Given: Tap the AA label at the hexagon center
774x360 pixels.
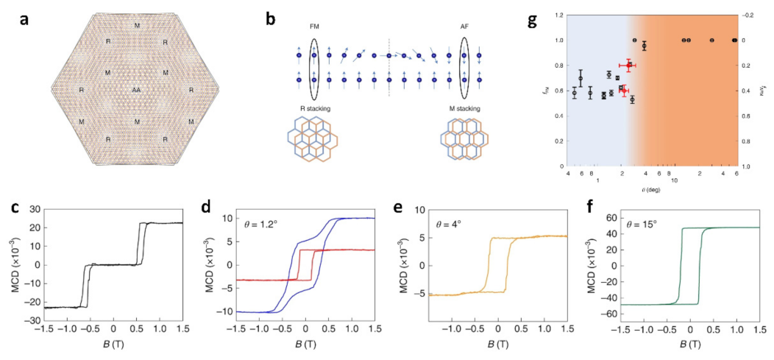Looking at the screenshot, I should click(x=135, y=89).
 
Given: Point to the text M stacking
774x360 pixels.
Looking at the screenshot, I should click(x=464, y=109).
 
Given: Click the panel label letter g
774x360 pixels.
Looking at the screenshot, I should click(x=533, y=19).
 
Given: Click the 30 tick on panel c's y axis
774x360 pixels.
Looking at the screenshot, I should click(x=35, y=210).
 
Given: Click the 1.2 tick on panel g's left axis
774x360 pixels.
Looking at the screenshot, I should click(x=559, y=15).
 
